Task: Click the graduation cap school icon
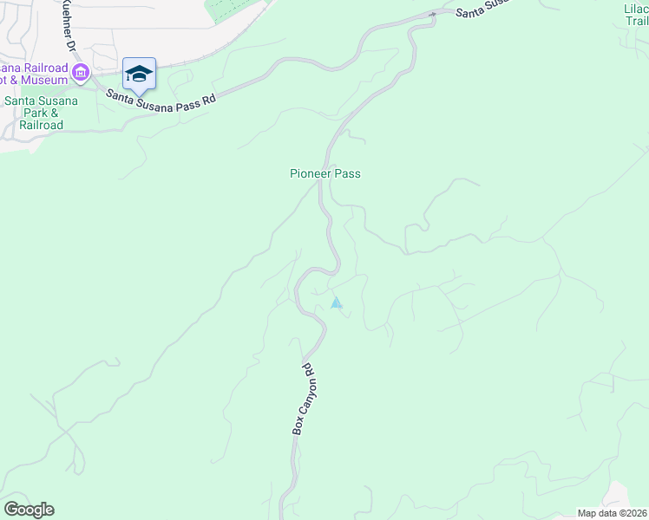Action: pyautogui.click(x=139, y=74)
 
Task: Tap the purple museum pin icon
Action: pyautogui.click(x=81, y=72)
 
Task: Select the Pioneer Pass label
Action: pyautogui.click(x=324, y=174)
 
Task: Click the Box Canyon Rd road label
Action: pyautogui.click(x=301, y=400)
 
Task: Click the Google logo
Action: pyautogui.click(x=29, y=510)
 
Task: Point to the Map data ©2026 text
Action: pyautogui.click(x=613, y=512)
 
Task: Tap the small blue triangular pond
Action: pyautogui.click(x=337, y=303)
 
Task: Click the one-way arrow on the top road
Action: pyautogui.click(x=432, y=14)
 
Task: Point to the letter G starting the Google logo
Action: pyautogui.click(x=11, y=509)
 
